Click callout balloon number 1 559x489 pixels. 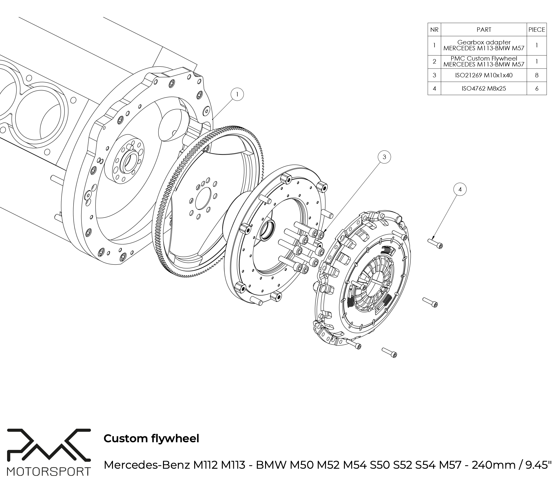click(x=237, y=94)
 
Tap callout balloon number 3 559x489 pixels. click(x=384, y=157)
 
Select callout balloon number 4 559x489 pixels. click(x=460, y=190)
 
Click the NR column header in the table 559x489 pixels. click(x=434, y=29)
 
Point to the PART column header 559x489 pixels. click(x=484, y=29)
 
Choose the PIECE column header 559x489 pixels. click(x=537, y=29)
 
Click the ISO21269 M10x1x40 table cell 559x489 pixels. click(x=484, y=75)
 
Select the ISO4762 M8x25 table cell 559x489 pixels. click(x=484, y=89)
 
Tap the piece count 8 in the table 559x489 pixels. click(x=537, y=75)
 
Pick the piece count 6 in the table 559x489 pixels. click(x=537, y=89)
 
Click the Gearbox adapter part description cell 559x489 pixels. click(x=484, y=45)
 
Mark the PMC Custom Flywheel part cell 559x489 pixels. click(x=484, y=61)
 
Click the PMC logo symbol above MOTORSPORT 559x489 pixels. click(x=49, y=448)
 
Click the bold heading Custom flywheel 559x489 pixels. click(x=151, y=438)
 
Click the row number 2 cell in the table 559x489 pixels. click(x=434, y=61)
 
